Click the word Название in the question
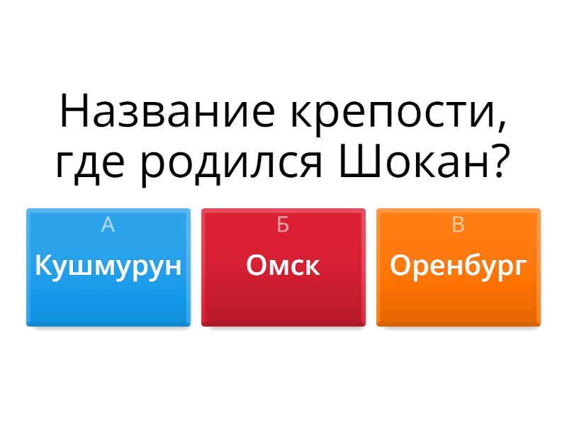click(x=167, y=111)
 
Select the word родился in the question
click(x=231, y=166)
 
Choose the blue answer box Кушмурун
click(x=108, y=268)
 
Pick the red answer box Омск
click(x=283, y=268)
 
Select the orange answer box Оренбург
click(x=459, y=268)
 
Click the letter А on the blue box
click(x=108, y=225)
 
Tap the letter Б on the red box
click(x=283, y=225)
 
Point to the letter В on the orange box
click(x=458, y=225)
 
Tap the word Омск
click(x=283, y=265)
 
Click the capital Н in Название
click(x=74, y=111)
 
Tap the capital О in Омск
click(x=257, y=265)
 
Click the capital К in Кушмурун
click(x=44, y=265)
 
